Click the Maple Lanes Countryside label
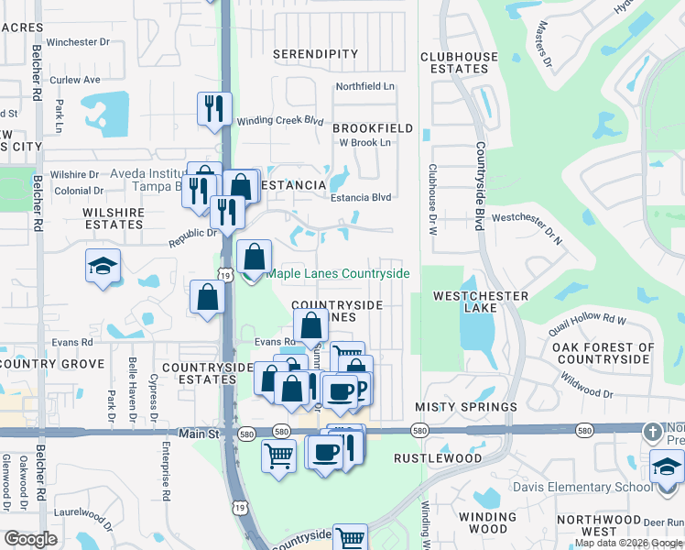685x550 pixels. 337,273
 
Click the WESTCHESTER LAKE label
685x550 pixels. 481,302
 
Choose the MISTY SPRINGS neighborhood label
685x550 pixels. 466,406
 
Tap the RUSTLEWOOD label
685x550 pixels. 438,457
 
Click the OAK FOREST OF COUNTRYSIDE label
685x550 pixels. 603,353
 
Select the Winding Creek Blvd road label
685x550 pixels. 281,121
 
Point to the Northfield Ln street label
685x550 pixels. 364,86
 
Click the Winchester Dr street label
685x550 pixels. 78,42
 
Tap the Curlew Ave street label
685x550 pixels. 74,80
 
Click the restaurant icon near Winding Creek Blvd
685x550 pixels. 214,108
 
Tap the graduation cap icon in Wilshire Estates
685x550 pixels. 103,266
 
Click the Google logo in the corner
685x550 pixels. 30,539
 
